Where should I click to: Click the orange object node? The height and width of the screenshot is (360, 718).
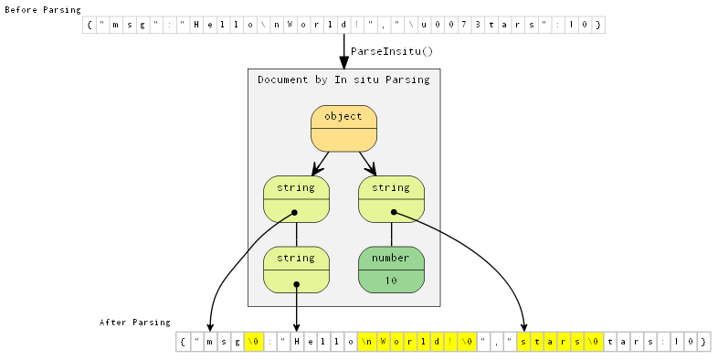(x=343, y=129)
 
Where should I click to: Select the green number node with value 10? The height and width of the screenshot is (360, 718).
(x=391, y=270)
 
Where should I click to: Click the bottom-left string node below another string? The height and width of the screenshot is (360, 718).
(x=296, y=270)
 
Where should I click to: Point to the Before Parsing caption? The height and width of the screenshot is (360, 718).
(x=42, y=9)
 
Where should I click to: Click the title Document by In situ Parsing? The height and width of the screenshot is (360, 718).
(x=343, y=80)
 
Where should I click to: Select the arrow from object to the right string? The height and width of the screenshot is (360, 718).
(x=367, y=164)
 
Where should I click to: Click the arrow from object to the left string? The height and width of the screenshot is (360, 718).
(x=320, y=164)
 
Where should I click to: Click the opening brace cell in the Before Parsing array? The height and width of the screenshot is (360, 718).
(x=90, y=25)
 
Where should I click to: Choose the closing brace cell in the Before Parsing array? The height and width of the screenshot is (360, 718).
(x=597, y=25)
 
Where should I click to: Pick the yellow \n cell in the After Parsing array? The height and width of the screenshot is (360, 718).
(x=365, y=342)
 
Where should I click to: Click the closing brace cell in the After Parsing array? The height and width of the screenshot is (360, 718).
(x=702, y=342)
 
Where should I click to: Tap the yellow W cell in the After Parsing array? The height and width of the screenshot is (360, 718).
(x=384, y=342)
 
